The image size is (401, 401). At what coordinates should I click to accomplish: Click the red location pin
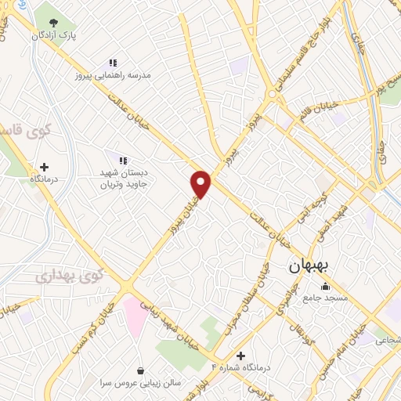(201, 183)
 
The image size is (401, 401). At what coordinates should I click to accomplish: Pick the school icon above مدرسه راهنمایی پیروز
(113, 62)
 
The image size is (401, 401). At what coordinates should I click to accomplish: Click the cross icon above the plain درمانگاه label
(44, 167)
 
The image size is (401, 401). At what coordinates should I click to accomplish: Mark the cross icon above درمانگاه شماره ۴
(240, 355)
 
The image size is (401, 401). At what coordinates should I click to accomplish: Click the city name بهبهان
(310, 266)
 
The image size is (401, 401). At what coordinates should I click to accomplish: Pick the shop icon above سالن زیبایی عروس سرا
(140, 370)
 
